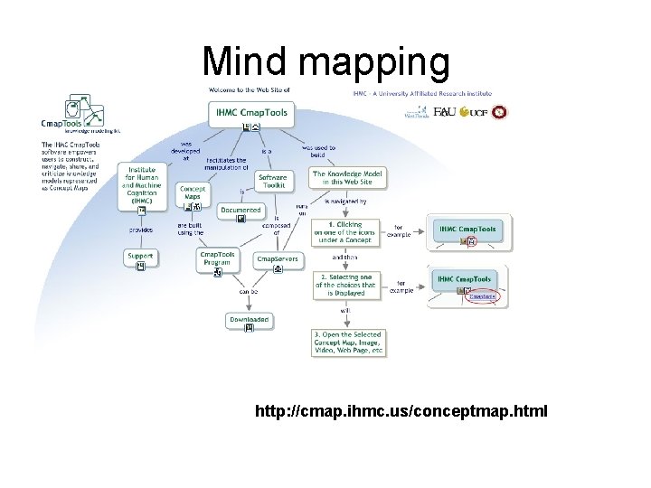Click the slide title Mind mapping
[325, 61]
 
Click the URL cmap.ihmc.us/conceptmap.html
[401, 412]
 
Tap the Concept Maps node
[193, 192]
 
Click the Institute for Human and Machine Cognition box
[141, 186]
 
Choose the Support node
[140, 257]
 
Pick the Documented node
[241, 210]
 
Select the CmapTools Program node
[217, 258]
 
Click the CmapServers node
[277, 259]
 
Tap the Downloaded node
[249, 319]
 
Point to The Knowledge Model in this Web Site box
[348, 178]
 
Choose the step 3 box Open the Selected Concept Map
[348, 342]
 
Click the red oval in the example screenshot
[482, 296]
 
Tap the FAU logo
[444, 112]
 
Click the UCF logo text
[476, 112]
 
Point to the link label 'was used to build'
[318, 151]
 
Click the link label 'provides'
[141, 230]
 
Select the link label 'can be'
[248, 292]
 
